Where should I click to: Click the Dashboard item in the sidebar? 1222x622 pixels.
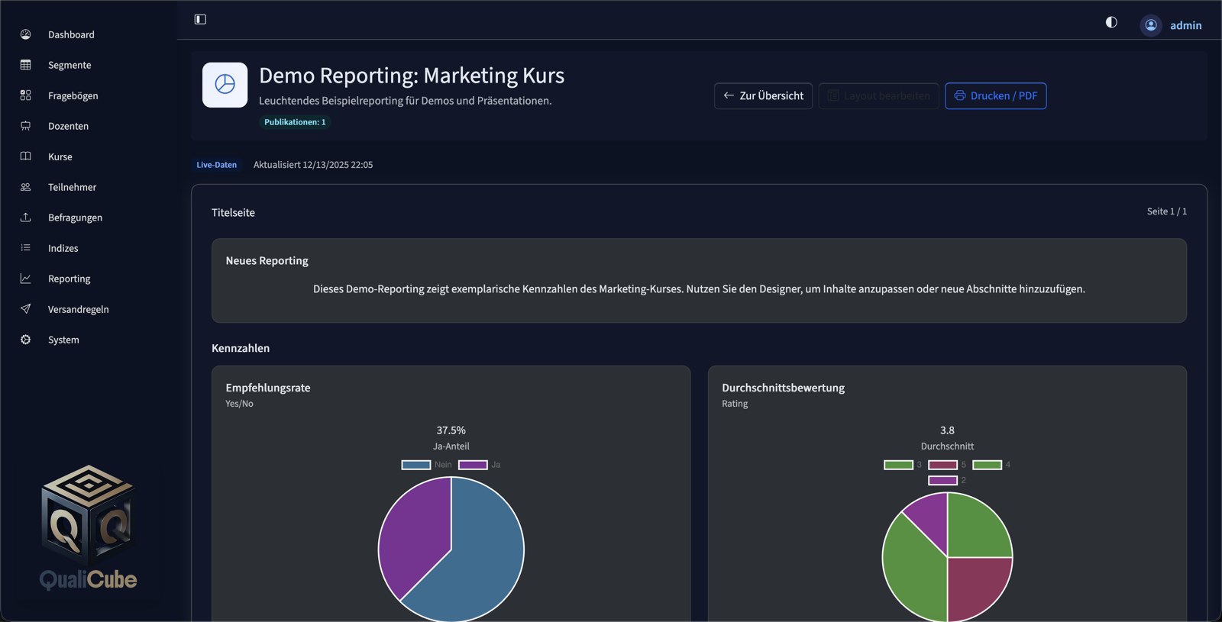click(x=70, y=34)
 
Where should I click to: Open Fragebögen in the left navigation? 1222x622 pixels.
click(x=73, y=95)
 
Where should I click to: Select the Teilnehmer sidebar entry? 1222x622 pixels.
click(x=72, y=187)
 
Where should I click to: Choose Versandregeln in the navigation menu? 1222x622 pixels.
click(x=78, y=309)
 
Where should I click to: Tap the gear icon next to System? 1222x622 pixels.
click(x=26, y=340)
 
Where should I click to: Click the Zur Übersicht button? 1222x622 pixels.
click(x=763, y=96)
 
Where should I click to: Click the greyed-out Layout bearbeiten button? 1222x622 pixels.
click(x=878, y=96)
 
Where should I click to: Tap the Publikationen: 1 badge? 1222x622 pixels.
click(x=295, y=122)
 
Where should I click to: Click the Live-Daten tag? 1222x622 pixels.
click(x=216, y=165)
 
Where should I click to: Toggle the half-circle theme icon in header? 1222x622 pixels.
click(x=1111, y=23)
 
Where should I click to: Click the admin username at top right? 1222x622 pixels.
click(x=1185, y=25)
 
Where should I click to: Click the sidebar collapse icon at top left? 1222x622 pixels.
click(x=200, y=19)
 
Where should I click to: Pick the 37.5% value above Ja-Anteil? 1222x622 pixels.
click(x=451, y=430)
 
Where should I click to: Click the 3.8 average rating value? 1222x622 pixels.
click(x=947, y=430)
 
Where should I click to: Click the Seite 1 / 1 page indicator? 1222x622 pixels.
click(x=1166, y=211)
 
